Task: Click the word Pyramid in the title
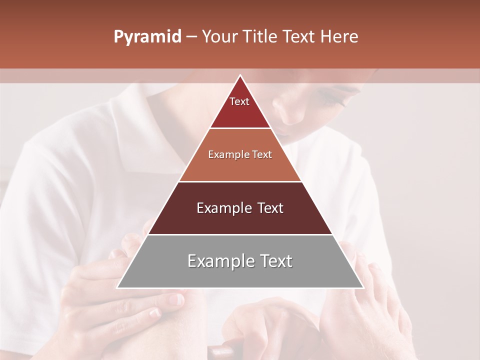coord(147,37)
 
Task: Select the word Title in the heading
coord(261,36)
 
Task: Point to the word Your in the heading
coord(219,36)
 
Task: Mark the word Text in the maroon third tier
coord(268,208)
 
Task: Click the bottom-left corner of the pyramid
coord(118,287)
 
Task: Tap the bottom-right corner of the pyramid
coord(363,287)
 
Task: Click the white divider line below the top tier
coord(240,128)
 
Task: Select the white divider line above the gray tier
coord(240,234)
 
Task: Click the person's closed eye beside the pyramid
coord(334,95)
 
